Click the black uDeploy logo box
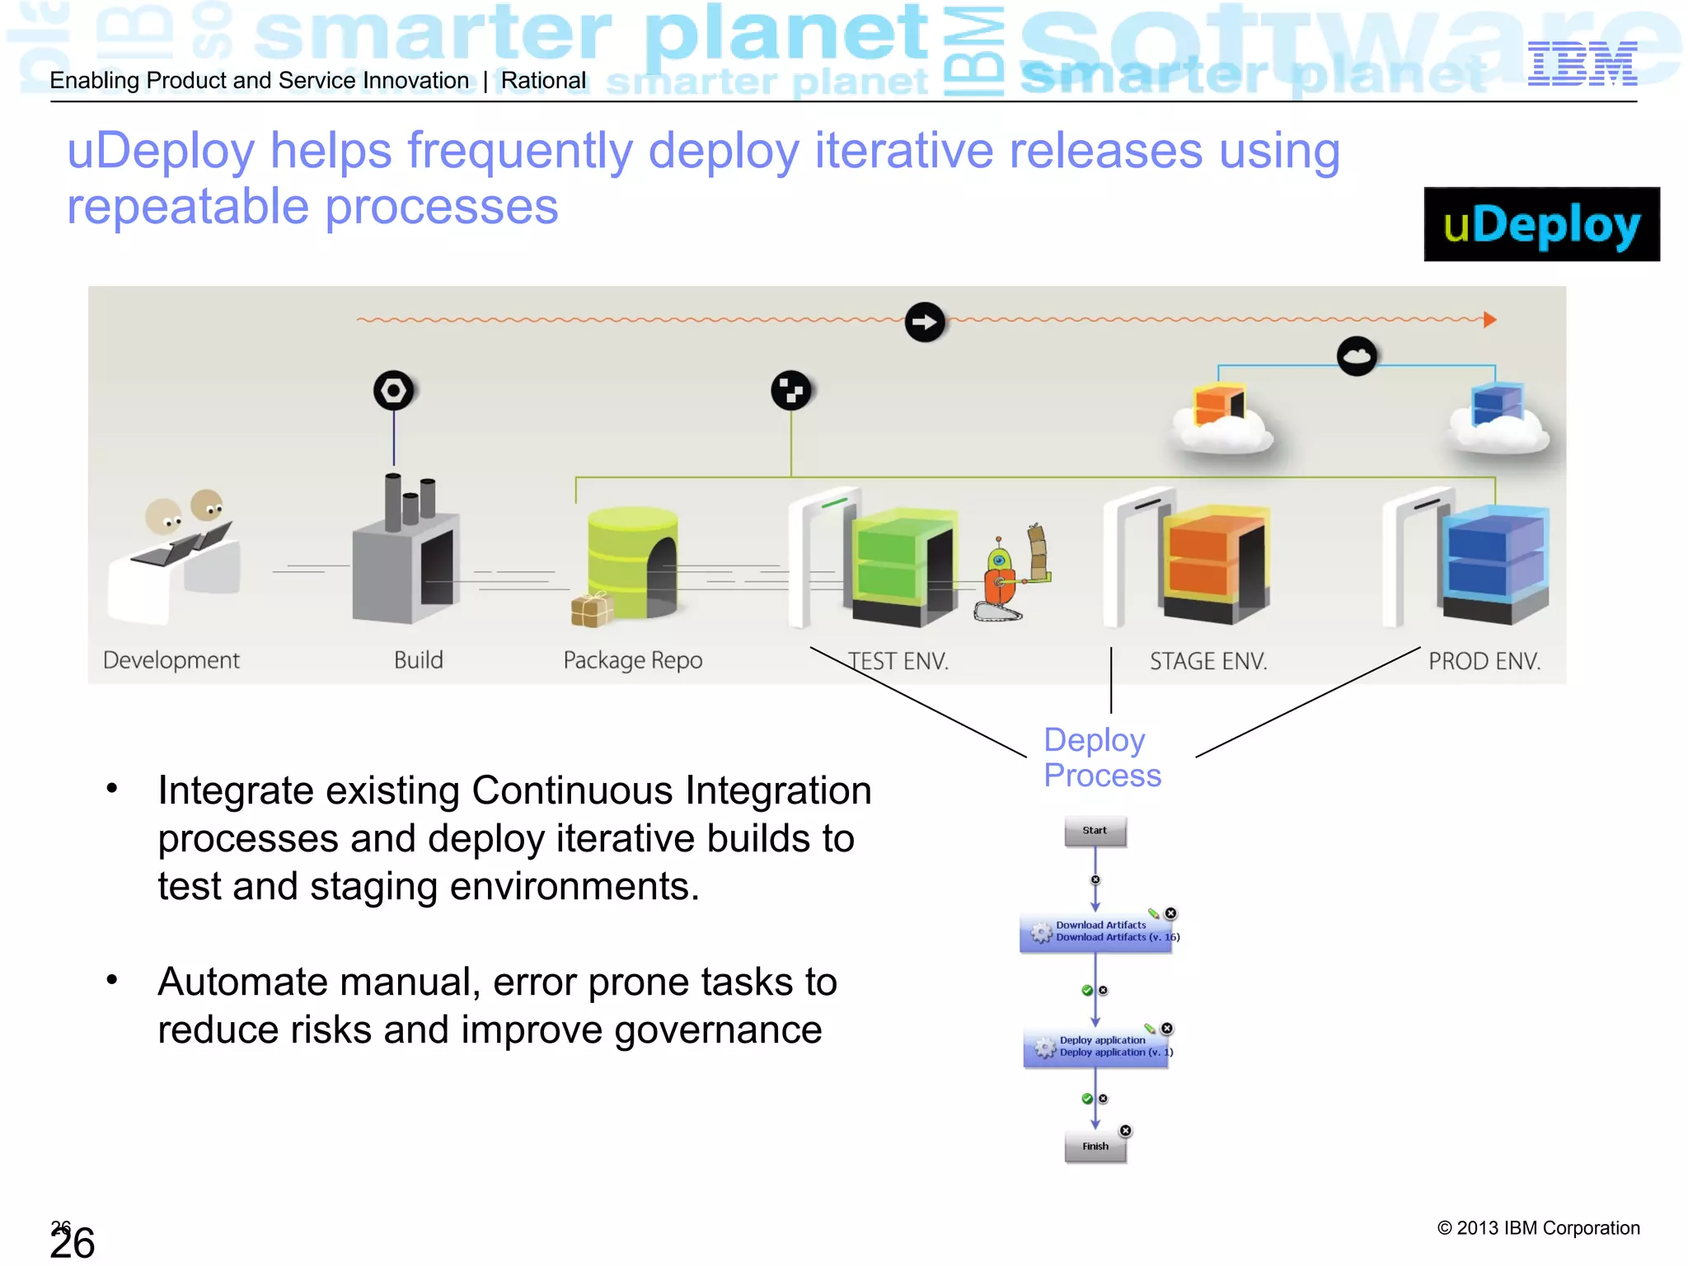(1541, 224)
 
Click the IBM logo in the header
(1582, 64)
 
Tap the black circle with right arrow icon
(925, 322)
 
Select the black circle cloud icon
(1357, 356)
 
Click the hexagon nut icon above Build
(393, 391)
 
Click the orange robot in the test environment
(1000, 577)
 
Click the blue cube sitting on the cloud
(1497, 403)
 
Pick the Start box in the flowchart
(1095, 831)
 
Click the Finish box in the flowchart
(1095, 1146)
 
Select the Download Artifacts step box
(1096, 932)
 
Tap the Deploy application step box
(1096, 1048)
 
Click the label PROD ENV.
(1484, 661)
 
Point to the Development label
(171, 660)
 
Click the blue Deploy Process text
(1101, 757)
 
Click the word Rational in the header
(543, 81)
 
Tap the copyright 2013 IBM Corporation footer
(1538, 1228)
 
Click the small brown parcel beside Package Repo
(591, 611)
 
